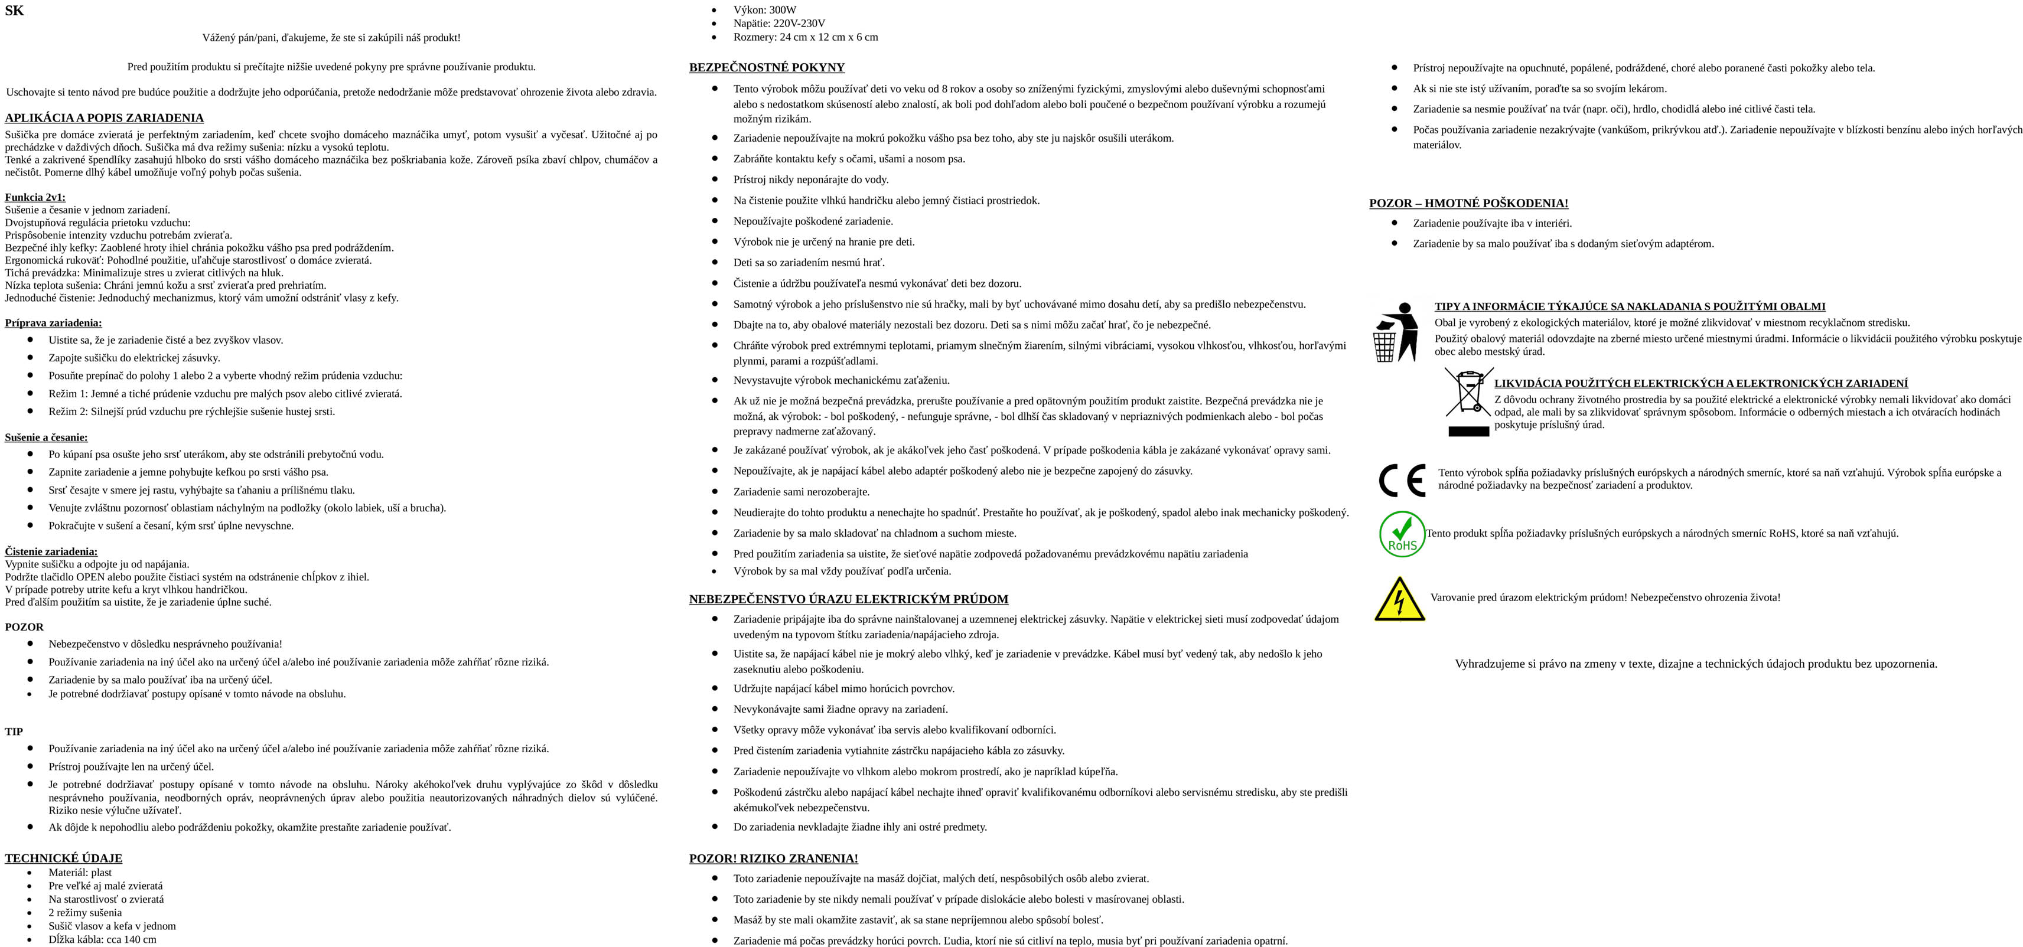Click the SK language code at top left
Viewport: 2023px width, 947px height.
(x=14, y=11)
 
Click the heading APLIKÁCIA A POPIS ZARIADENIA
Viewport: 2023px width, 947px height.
(x=105, y=119)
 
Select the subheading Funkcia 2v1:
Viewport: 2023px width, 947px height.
(x=35, y=197)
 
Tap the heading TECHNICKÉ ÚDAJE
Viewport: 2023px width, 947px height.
(x=64, y=858)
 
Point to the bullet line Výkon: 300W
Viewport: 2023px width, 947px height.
(x=764, y=10)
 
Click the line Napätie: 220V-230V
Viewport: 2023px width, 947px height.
(x=778, y=24)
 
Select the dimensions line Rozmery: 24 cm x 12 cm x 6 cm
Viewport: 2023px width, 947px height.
(x=805, y=37)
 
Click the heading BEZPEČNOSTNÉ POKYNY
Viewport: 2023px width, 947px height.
(x=767, y=67)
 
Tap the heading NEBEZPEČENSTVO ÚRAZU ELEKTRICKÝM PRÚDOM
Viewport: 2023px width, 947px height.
(x=848, y=599)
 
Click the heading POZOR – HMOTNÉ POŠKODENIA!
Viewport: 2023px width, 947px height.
(x=1468, y=203)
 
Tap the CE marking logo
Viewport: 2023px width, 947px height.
(x=1402, y=481)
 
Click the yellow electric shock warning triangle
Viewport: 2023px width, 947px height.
(x=1399, y=600)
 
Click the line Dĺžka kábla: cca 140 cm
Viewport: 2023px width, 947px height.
(x=102, y=939)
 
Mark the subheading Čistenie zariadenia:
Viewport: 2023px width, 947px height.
(x=51, y=551)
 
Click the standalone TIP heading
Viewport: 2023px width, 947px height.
(x=14, y=731)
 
